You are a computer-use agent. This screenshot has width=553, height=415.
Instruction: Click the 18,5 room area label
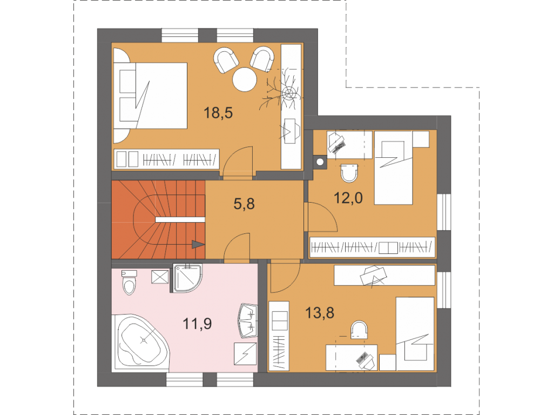[x=218, y=113]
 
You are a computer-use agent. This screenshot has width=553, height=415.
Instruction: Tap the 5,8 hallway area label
[x=244, y=204]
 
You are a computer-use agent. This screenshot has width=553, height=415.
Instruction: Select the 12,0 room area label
[x=348, y=198]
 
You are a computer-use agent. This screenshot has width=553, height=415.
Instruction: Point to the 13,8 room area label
[x=320, y=313]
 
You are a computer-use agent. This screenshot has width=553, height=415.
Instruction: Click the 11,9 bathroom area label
[x=197, y=323]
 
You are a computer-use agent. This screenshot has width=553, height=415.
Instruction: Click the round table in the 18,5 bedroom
[x=245, y=79]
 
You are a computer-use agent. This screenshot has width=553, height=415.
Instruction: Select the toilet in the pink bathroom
[x=129, y=282]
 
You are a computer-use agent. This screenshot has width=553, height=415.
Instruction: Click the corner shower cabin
[x=187, y=278]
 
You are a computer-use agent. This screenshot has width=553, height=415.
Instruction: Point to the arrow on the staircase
[x=198, y=244]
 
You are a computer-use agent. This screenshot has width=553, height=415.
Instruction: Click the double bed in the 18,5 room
[x=150, y=96]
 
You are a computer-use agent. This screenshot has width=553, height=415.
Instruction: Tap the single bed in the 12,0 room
[x=393, y=168]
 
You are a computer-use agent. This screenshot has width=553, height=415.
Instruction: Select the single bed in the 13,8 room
[x=415, y=333]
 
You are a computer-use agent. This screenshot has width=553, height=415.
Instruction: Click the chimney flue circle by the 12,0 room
[x=320, y=162]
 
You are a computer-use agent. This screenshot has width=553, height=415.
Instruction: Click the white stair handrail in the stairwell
[x=180, y=219]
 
